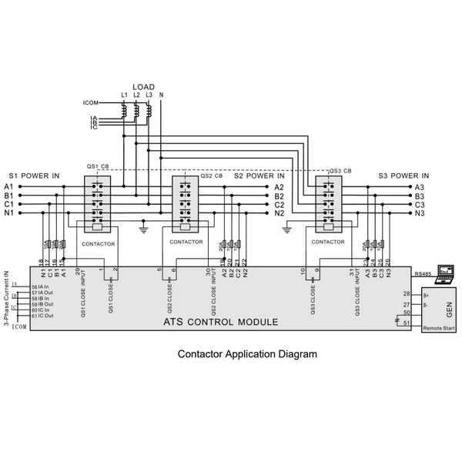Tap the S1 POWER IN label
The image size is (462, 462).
34,176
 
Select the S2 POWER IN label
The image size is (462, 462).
259,176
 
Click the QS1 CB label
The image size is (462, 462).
99,166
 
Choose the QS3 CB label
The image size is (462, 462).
340,170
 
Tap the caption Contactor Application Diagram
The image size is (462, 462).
247,355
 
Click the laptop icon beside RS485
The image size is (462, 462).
445,271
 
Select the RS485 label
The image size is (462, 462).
422,274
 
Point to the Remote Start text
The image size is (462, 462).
438,329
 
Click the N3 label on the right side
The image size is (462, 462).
420,213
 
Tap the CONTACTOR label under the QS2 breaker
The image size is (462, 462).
186,242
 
